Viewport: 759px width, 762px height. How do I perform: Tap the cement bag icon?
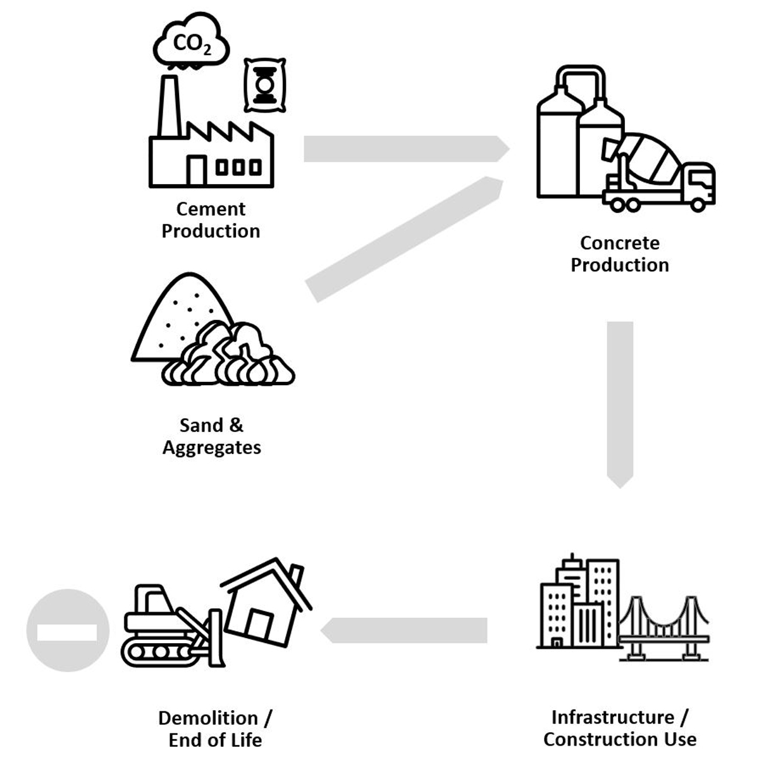[x=264, y=85]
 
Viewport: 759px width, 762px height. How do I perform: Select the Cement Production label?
[x=211, y=220]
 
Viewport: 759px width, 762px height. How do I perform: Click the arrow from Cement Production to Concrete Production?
[x=405, y=149]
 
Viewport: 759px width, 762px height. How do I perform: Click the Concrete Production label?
[x=619, y=254]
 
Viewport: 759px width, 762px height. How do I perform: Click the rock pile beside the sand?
[x=231, y=357]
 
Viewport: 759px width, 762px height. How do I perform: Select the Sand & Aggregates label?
[x=211, y=436]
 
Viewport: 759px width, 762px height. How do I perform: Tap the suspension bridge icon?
[x=664, y=629]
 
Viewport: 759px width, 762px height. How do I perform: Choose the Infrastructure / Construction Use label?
[x=619, y=728]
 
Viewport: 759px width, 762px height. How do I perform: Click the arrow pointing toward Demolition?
[x=405, y=630]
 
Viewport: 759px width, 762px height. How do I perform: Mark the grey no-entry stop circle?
[x=67, y=630]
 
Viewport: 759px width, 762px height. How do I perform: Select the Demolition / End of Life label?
[x=215, y=728]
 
